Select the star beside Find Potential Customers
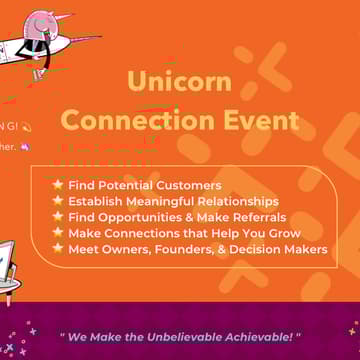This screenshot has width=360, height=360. [x=58, y=184]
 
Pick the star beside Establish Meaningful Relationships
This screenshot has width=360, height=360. [x=58, y=200]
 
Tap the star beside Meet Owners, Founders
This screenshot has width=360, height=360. [x=58, y=249]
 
